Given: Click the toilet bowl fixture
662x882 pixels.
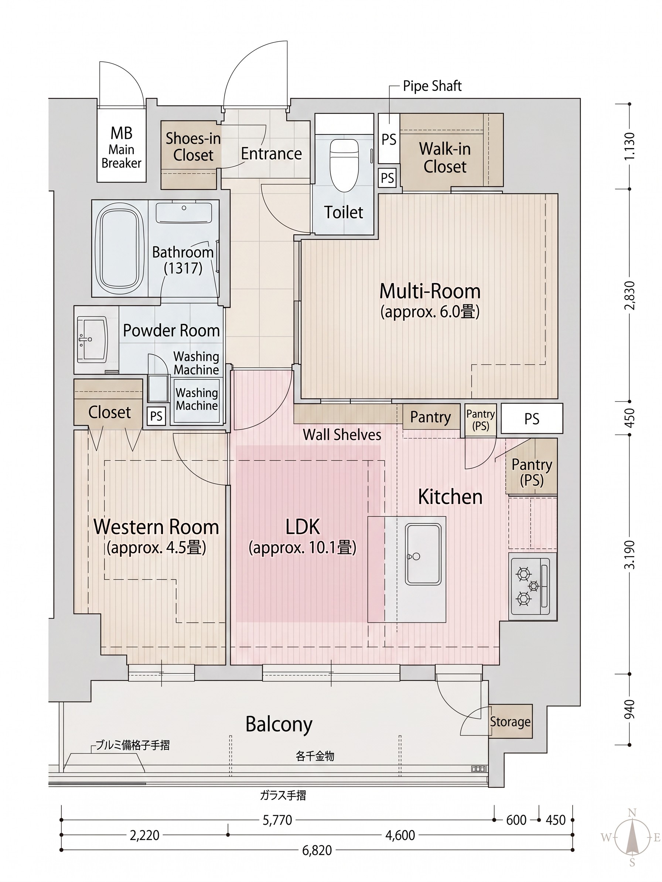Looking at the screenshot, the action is (346, 165).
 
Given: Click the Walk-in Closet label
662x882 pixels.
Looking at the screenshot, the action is (445, 157).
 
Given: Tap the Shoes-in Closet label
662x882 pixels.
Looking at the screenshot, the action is (193, 147).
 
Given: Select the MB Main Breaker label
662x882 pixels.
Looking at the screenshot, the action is (121, 147).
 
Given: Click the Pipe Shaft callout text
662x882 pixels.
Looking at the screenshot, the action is (432, 86).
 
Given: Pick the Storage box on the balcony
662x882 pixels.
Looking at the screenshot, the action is (511, 721).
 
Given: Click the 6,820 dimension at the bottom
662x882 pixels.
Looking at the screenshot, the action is (317, 850).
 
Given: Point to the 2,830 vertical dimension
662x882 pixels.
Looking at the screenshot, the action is (630, 295).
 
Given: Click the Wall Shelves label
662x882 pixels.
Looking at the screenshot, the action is (342, 434).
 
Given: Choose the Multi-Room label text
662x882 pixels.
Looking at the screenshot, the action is (430, 291).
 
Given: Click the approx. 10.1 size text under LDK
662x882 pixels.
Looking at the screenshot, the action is (302, 548).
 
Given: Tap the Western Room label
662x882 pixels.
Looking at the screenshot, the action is (156, 527).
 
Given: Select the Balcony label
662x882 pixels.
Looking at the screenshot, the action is (279, 725).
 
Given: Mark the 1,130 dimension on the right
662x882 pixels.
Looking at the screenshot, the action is (630, 146).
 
